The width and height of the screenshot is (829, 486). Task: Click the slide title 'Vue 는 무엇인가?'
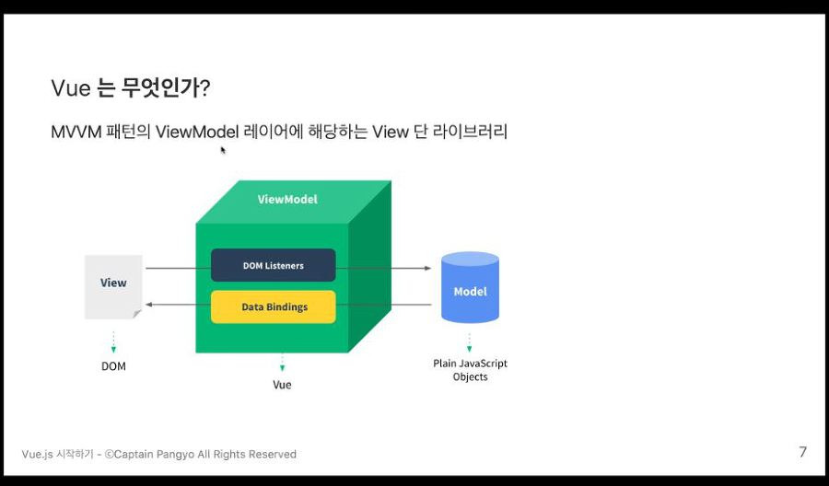point(131,88)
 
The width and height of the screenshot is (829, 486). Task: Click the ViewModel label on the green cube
point(287,199)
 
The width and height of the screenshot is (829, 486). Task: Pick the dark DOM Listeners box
point(273,265)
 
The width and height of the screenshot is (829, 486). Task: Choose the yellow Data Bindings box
point(274,307)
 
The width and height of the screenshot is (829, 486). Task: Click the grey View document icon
point(113,285)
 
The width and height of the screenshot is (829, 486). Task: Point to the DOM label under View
point(113,366)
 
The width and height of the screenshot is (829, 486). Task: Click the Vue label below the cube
point(282,385)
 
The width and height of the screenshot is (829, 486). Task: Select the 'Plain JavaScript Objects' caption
point(470,370)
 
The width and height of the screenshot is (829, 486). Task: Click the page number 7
point(802,452)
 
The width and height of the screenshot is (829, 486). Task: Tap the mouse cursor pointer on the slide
point(223,150)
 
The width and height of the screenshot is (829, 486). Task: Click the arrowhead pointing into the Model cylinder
point(427,268)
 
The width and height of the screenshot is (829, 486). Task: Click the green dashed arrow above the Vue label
point(282,362)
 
